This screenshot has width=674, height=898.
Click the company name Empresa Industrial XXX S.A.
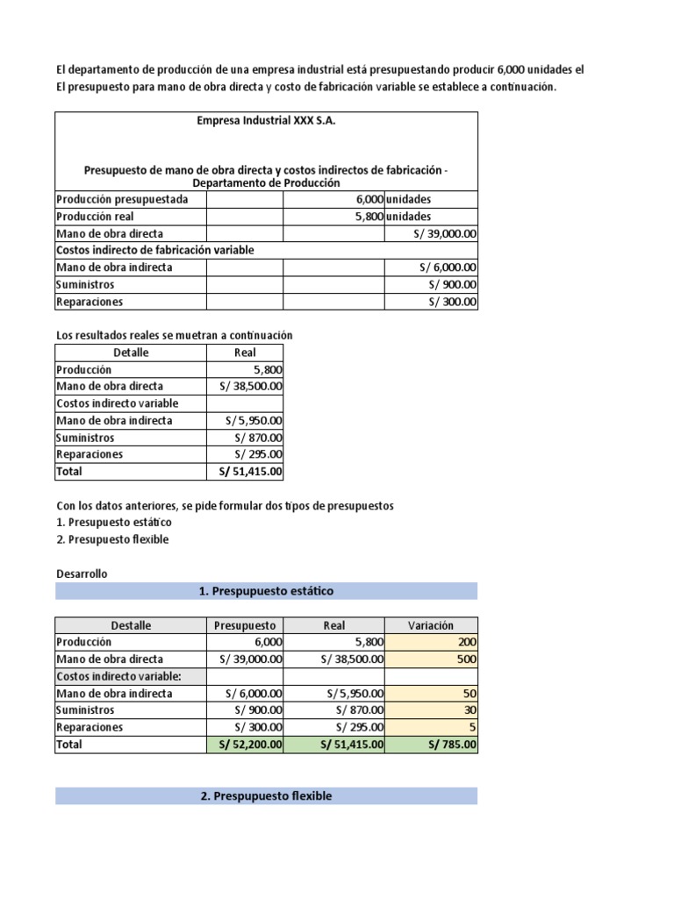[266, 120]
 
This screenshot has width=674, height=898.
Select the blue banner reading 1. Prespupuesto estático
[266, 591]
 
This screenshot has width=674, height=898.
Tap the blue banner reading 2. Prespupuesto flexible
[266, 796]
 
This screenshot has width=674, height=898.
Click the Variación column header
[431, 625]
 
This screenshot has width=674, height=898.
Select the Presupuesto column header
[245, 625]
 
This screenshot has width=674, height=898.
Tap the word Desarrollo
[82, 574]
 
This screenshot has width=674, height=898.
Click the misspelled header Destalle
[131, 625]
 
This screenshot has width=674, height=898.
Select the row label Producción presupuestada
[122, 199]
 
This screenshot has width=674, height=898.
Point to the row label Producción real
[95, 217]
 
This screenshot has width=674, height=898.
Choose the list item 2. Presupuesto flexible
[112, 539]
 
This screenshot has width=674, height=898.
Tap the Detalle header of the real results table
[131, 353]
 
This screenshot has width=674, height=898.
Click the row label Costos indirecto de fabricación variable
[154, 250]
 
